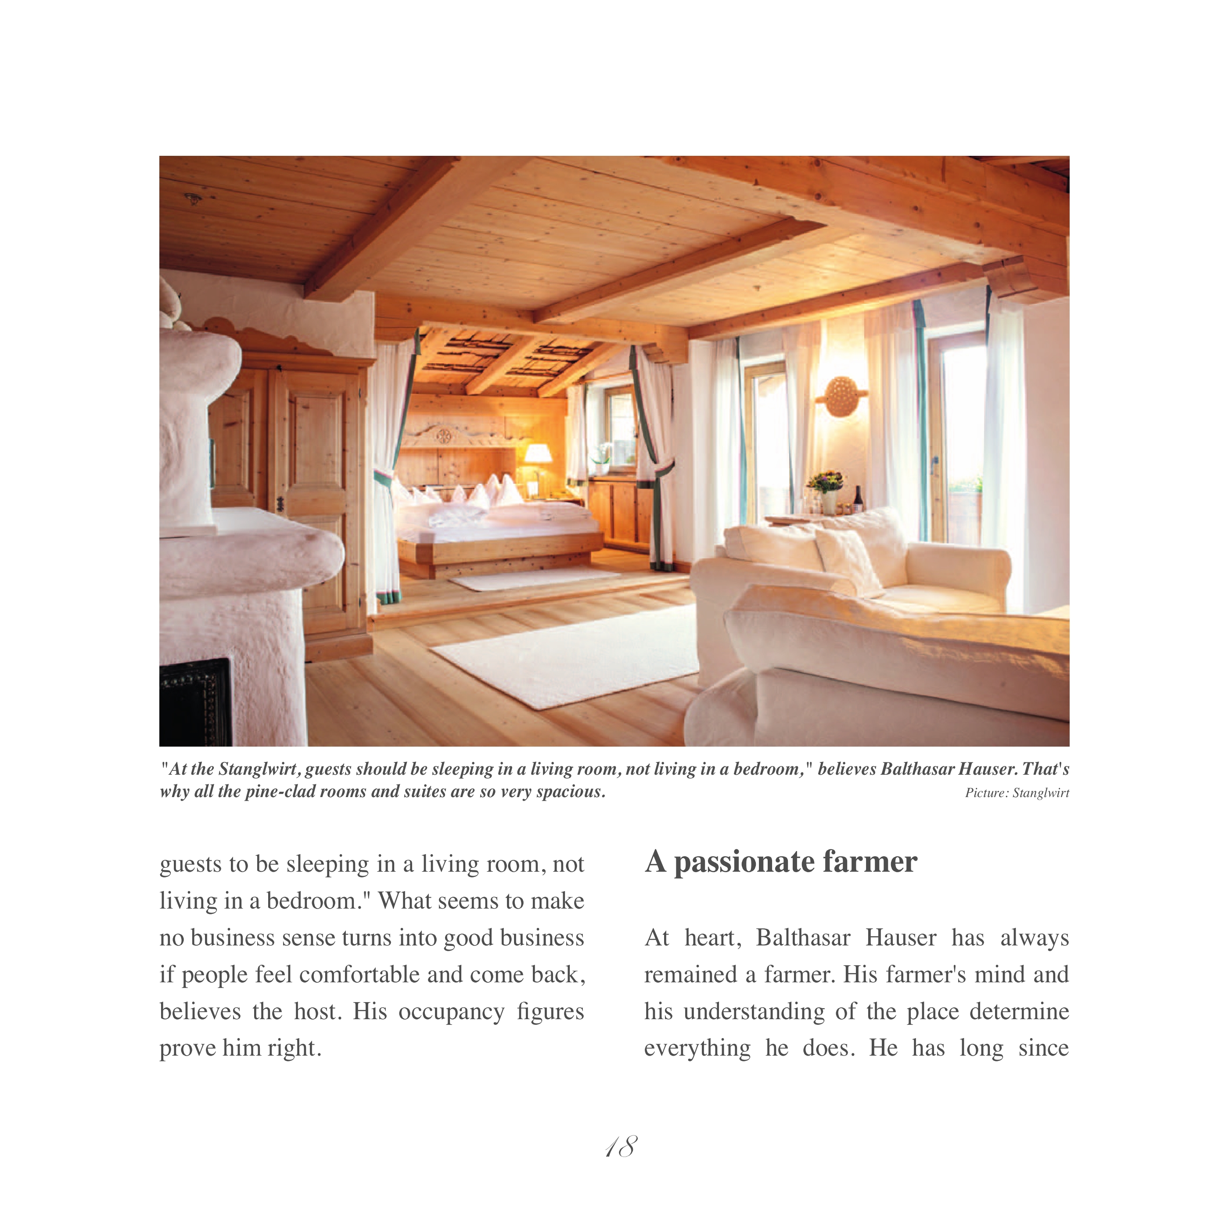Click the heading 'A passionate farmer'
(x=780, y=862)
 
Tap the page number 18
(x=621, y=1147)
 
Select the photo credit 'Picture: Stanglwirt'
(x=1017, y=793)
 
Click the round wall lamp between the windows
(x=841, y=395)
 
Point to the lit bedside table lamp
(x=538, y=453)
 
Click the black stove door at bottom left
(x=194, y=702)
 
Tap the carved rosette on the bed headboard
(x=443, y=436)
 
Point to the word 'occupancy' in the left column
(x=451, y=1011)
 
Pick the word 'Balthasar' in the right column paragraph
(x=803, y=938)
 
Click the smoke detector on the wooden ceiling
(x=193, y=198)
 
